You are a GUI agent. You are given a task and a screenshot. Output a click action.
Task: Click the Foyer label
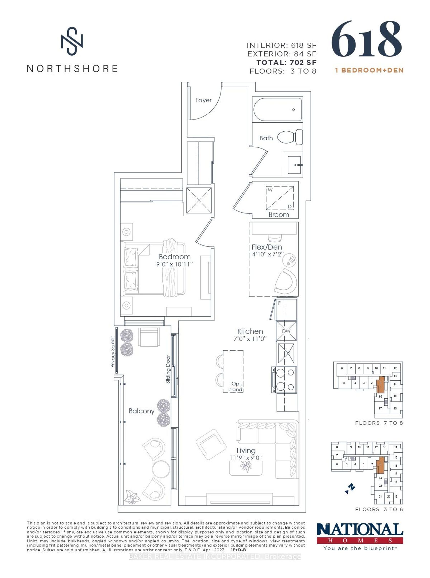(x=203, y=100)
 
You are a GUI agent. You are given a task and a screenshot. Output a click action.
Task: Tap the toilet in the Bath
(x=290, y=137)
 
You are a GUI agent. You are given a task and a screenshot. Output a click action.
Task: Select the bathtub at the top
(x=277, y=109)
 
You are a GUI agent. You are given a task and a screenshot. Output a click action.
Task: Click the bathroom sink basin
(x=294, y=165)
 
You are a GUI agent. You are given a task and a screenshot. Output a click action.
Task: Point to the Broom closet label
(x=278, y=215)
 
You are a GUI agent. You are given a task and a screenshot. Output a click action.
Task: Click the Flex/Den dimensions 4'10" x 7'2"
(x=267, y=254)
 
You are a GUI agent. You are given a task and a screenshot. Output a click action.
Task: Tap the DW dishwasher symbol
(x=286, y=331)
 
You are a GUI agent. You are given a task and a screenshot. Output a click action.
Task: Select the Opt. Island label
(x=235, y=387)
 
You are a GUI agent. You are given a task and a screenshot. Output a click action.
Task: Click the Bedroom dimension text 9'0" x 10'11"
(x=174, y=264)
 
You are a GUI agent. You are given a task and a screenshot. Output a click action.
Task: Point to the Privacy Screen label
(x=113, y=351)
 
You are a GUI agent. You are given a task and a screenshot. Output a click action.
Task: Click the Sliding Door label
(x=168, y=369)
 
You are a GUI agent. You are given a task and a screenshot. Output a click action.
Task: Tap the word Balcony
(x=142, y=411)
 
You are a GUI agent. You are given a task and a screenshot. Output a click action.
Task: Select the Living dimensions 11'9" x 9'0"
(x=246, y=458)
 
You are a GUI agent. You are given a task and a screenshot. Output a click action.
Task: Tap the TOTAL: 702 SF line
(x=286, y=62)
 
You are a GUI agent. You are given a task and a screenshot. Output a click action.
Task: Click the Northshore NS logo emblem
(x=72, y=41)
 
